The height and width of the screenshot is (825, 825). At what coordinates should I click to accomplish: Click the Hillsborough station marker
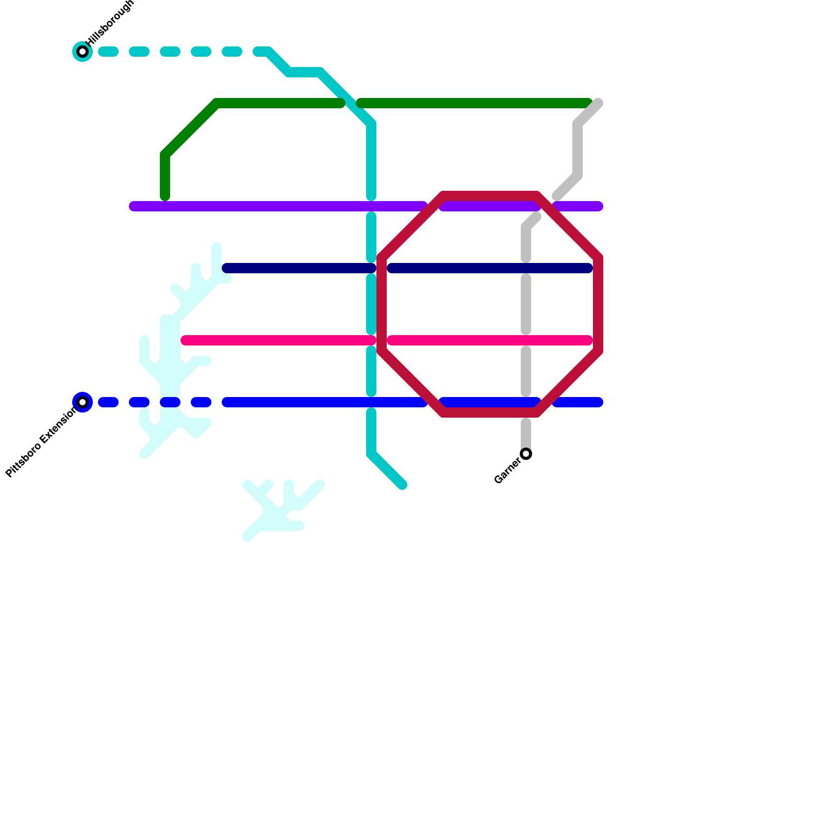pos(82,52)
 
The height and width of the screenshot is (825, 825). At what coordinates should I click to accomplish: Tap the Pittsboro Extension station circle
pos(82,402)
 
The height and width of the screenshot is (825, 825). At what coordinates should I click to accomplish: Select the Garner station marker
pos(526,454)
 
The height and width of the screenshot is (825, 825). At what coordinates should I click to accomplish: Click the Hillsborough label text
pos(110,23)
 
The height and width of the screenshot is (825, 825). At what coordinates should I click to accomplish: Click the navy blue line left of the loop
pos(299,268)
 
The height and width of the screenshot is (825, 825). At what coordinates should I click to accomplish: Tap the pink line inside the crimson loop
pos(490,340)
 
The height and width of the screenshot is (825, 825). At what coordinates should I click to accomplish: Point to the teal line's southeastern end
pos(403,485)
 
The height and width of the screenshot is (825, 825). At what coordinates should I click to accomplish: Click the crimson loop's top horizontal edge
pos(490,196)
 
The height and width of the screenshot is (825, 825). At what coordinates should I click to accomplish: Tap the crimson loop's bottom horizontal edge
pos(490,412)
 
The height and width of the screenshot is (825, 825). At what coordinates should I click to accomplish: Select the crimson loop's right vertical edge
pos(598,304)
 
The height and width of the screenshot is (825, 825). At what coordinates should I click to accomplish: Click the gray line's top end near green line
pos(598,103)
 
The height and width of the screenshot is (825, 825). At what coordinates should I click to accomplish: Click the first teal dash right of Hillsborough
pos(108,52)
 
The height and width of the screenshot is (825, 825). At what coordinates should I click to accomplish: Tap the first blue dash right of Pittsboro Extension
pos(108,402)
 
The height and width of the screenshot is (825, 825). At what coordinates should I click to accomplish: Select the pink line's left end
pos(186,340)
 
